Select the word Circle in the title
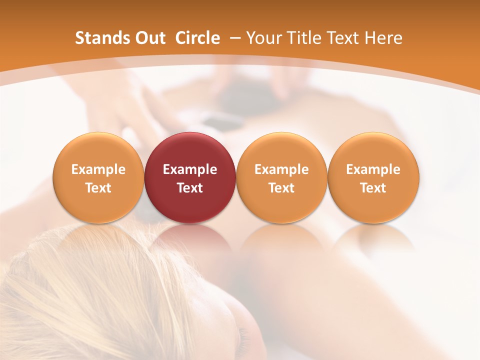[x=197, y=38]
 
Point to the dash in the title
[x=234, y=38]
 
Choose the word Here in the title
[x=383, y=38]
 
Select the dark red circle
[x=190, y=178]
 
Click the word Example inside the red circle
[x=190, y=169]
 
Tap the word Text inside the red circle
[x=190, y=188]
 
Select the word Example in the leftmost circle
[x=98, y=169]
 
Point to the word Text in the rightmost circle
[x=373, y=188]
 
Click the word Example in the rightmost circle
[x=373, y=169]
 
